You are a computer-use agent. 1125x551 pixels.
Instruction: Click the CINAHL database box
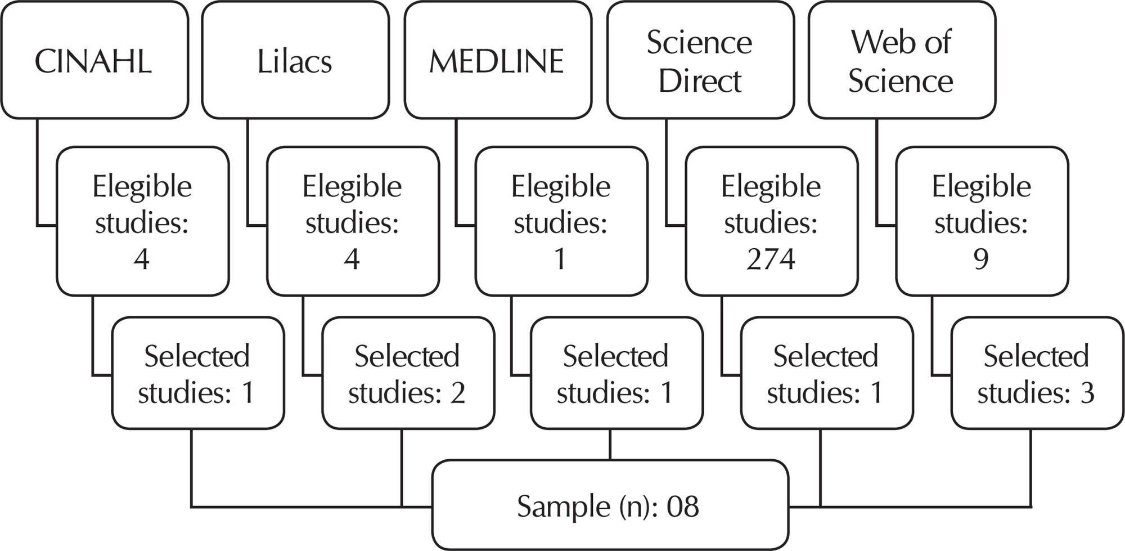tap(94, 60)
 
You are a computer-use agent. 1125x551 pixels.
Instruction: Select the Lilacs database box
tap(295, 60)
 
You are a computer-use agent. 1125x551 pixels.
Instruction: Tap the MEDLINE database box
tap(498, 60)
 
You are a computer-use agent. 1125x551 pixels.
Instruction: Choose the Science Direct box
tap(700, 60)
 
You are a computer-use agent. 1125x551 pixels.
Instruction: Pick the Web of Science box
tap(902, 60)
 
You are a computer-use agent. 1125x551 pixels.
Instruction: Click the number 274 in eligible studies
tap(771, 259)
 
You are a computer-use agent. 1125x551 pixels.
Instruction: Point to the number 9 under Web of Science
tap(981, 259)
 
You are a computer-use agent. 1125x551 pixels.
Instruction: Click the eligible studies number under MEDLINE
tap(560, 259)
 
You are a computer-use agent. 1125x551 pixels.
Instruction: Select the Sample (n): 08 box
tap(610, 505)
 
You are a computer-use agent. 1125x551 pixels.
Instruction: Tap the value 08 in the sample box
tap(683, 507)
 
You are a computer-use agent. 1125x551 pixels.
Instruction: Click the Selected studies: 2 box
tap(408, 373)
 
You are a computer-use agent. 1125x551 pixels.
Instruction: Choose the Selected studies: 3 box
tap(1037, 373)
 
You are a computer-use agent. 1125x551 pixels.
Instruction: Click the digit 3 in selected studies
tap(1087, 393)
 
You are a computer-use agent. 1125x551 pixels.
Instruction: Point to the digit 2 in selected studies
tap(458, 393)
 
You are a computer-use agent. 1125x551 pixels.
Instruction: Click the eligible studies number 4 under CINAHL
tap(141, 259)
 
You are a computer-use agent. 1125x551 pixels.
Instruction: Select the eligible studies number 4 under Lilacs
tap(352, 259)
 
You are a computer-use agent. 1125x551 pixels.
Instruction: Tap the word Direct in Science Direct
tap(700, 81)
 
